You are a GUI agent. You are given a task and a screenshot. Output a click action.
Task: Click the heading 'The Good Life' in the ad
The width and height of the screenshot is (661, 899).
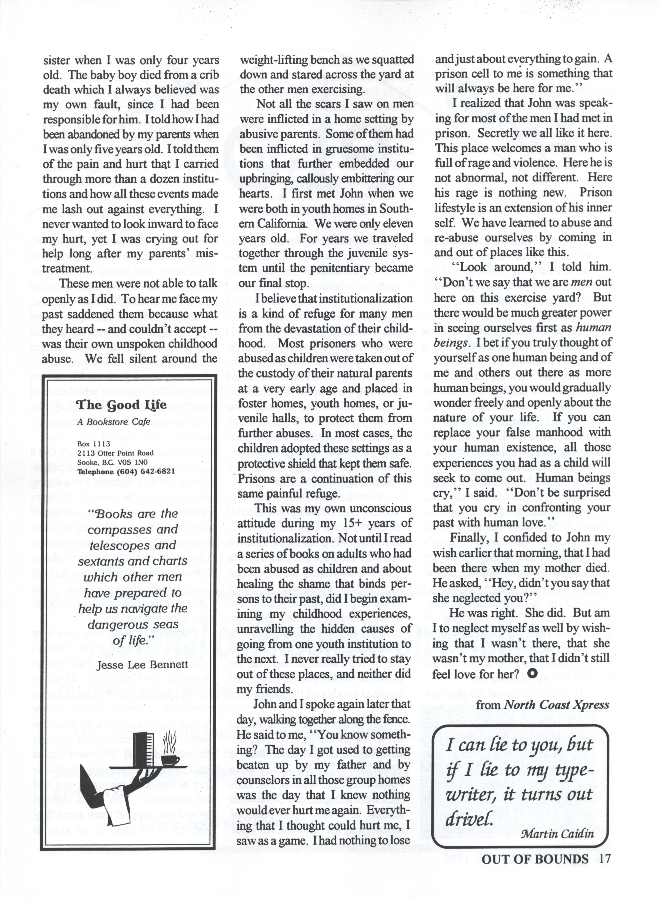tap(121, 405)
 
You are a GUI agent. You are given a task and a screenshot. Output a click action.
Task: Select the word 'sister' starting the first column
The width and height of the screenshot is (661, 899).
tap(56, 61)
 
